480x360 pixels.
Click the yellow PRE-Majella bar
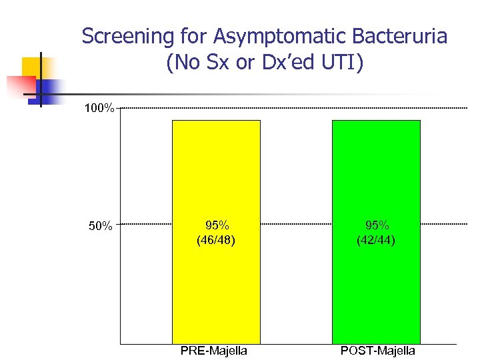tap(216, 280)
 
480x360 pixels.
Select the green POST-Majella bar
tap(376, 280)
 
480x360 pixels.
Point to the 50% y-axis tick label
tap(101, 226)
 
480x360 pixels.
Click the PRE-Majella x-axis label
tap(214, 351)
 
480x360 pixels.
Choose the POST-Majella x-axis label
tap(377, 351)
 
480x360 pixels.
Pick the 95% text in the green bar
tap(377, 225)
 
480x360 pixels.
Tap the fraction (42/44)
tap(377, 239)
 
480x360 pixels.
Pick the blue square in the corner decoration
tap(49, 87)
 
